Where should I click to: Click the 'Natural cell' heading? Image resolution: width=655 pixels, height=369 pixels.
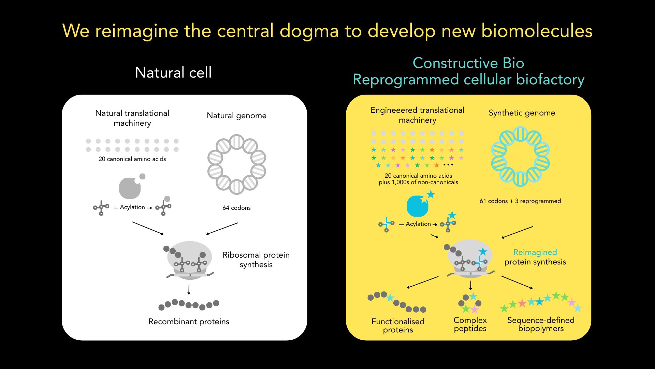click(x=173, y=72)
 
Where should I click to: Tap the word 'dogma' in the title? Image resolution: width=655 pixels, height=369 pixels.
click(x=309, y=31)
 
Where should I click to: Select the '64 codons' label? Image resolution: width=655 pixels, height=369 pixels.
click(x=236, y=208)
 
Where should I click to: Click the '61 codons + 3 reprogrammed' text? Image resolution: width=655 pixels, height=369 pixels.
click(x=520, y=201)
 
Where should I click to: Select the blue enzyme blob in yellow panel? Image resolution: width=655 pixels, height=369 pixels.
click(x=418, y=206)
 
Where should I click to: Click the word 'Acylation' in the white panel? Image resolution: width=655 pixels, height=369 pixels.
click(x=132, y=207)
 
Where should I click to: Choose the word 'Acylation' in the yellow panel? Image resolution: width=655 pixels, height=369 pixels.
click(x=418, y=224)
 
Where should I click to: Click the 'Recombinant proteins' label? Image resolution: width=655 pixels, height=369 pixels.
click(x=189, y=322)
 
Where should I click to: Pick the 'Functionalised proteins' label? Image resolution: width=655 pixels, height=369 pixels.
click(x=398, y=326)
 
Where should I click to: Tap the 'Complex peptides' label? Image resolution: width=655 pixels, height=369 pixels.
click(x=470, y=324)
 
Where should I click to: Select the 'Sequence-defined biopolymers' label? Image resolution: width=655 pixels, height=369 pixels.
click(x=541, y=324)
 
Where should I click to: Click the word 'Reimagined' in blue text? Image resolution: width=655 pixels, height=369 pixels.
click(x=535, y=252)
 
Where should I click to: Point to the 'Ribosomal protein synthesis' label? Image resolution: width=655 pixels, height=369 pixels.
click(x=256, y=260)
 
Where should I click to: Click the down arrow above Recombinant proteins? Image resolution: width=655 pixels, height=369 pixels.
click(x=189, y=290)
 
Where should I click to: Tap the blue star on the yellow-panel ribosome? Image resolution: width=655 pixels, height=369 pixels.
click(x=483, y=251)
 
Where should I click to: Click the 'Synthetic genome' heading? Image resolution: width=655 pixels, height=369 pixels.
click(x=522, y=113)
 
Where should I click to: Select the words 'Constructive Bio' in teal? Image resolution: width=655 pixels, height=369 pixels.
click(x=468, y=63)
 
